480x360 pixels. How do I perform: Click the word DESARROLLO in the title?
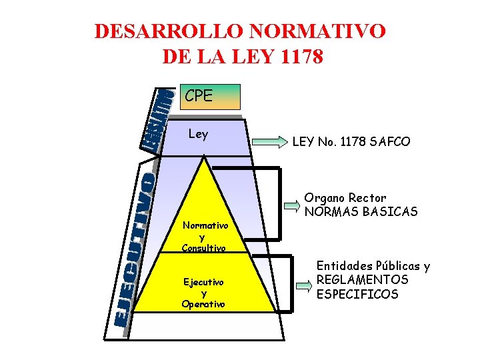pyautogui.click(x=171, y=32)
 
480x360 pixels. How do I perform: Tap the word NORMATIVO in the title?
pyautogui.click(x=319, y=32)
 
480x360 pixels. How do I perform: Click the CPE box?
pyautogui.click(x=209, y=97)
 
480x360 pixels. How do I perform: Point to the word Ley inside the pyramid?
pyautogui.click(x=198, y=134)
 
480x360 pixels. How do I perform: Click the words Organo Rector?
pyautogui.click(x=345, y=198)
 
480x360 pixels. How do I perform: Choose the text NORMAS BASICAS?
pyautogui.click(x=361, y=212)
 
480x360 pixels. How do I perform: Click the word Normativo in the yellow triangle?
pyautogui.click(x=205, y=226)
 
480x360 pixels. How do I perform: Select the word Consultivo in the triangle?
pyautogui.click(x=204, y=248)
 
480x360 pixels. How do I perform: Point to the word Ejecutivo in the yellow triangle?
pyautogui.click(x=204, y=283)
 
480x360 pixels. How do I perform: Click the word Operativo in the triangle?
pyautogui.click(x=203, y=304)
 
